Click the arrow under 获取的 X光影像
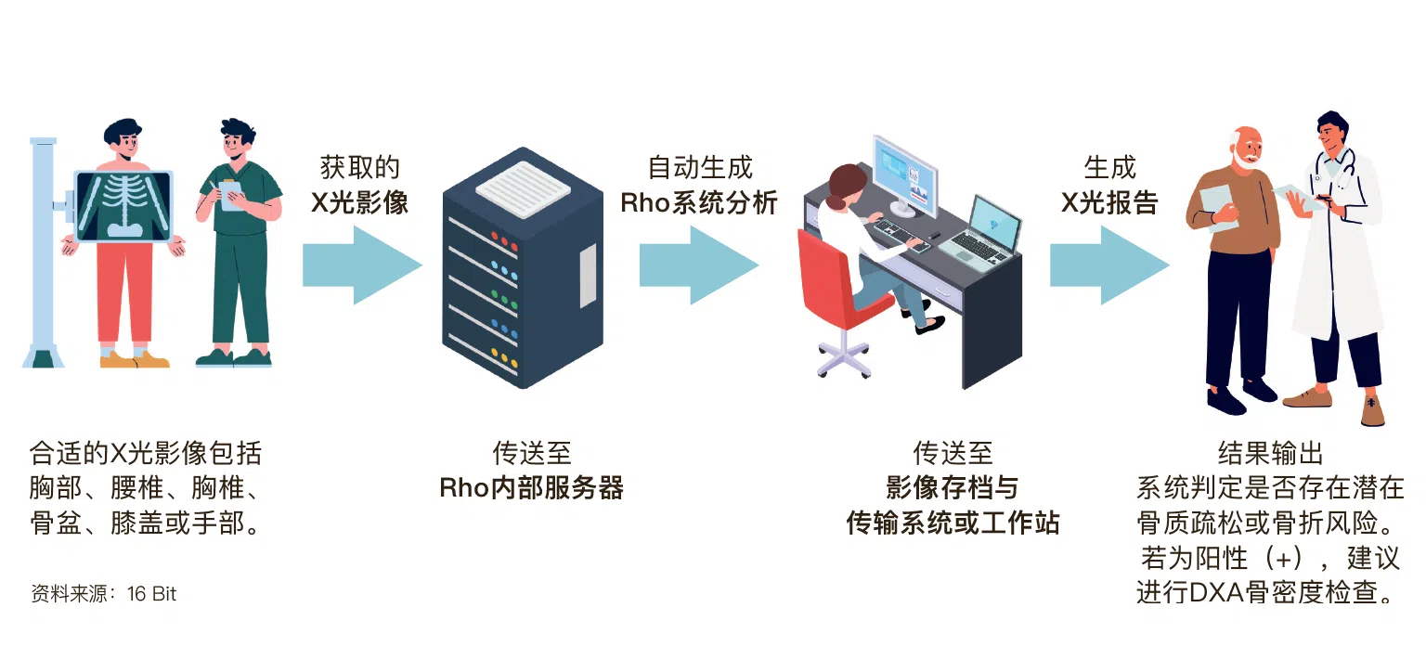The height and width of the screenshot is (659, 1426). (361, 265)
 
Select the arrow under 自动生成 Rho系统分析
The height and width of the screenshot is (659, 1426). (699, 265)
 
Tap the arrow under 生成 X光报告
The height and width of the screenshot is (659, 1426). (1109, 265)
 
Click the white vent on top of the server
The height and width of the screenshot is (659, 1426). (523, 188)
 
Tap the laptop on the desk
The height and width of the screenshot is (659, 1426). (980, 232)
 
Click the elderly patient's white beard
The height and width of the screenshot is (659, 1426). (1243, 157)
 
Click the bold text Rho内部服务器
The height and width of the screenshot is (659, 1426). (532, 487)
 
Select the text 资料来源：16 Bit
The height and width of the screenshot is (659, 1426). (103, 593)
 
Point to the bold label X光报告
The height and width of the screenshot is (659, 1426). (1109, 202)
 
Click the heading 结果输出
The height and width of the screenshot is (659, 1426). (1271, 453)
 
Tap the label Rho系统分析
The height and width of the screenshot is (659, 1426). (699, 202)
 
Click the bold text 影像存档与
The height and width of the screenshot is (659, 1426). (953, 487)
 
